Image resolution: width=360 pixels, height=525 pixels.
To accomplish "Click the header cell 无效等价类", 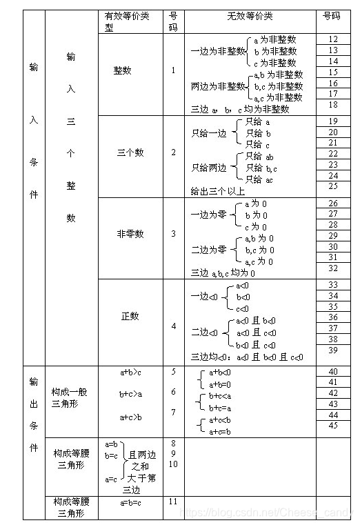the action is pos(249,15).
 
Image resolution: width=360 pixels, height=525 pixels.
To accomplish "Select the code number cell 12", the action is pos(333,40).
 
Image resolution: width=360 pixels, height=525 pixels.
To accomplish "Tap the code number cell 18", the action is pos(333,105).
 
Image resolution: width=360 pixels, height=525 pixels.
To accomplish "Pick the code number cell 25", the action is pos(333,186).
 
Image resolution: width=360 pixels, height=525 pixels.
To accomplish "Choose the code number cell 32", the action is pos(333,268).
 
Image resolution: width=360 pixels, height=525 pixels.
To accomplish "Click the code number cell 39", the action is pos(333,350).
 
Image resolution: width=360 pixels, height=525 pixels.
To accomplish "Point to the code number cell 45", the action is pos(333,426).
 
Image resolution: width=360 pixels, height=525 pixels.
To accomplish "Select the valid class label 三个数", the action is pos(130,153).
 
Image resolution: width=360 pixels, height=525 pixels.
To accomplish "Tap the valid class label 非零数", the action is pos(130,234).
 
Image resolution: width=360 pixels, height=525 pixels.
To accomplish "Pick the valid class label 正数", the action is pos(130,316).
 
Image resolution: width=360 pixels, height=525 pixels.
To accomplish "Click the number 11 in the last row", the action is pos(174,502).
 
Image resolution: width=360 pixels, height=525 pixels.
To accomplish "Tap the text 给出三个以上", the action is pos(217,191).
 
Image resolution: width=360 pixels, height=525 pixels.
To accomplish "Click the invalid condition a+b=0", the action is pos(220,384).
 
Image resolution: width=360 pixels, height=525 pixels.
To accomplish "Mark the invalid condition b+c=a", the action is pos(220,408).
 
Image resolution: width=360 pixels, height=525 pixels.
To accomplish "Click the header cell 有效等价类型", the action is pos(130,21).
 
